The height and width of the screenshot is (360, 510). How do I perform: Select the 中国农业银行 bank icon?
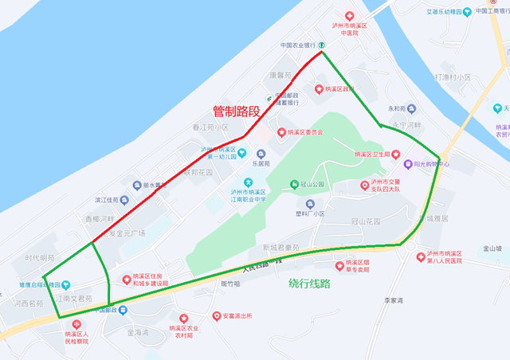[321, 45]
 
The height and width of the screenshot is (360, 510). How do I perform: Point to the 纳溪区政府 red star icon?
[319, 88]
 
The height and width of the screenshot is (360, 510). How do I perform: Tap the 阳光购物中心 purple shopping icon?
[407, 163]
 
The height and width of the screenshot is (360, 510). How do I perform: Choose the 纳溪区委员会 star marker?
[280, 131]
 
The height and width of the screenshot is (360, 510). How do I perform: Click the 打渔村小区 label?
[453, 77]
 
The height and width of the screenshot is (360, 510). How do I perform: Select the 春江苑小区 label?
[210, 127]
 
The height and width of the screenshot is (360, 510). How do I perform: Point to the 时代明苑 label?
[40, 258]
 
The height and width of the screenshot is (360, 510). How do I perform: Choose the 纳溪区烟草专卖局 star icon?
[340, 264]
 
